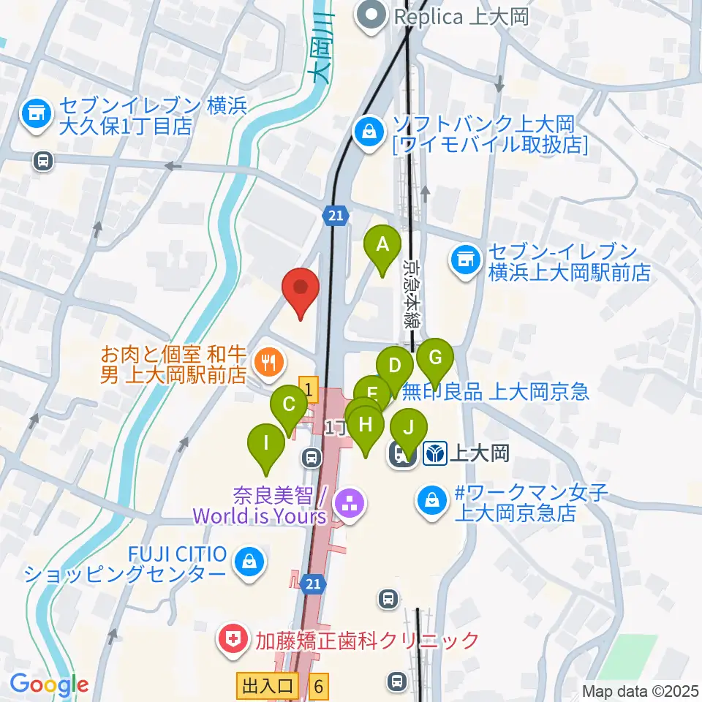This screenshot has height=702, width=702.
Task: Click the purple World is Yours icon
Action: (x=350, y=503)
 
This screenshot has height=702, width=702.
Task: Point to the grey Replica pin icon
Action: (x=371, y=15)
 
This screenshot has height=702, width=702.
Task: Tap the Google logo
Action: (x=48, y=685)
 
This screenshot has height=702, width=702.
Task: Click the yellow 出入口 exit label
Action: (x=266, y=686)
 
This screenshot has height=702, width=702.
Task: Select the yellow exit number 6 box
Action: (x=318, y=686)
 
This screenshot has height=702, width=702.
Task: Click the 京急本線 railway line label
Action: (x=411, y=291)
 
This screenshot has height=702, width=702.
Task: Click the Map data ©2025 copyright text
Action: (x=641, y=690)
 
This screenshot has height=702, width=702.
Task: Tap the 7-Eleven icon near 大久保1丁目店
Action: (x=36, y=114)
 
